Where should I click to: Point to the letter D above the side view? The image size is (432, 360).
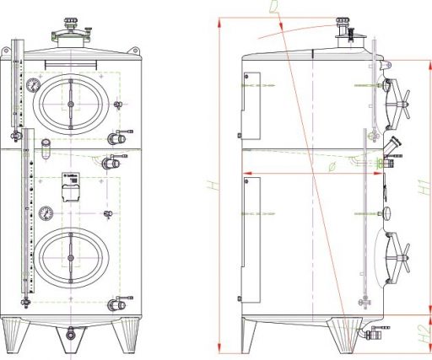click(273, 8)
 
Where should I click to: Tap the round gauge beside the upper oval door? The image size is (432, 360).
click(31, 84)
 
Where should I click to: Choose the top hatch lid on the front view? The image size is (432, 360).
click(72, 35)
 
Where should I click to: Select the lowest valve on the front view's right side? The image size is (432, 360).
click(122, 298)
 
